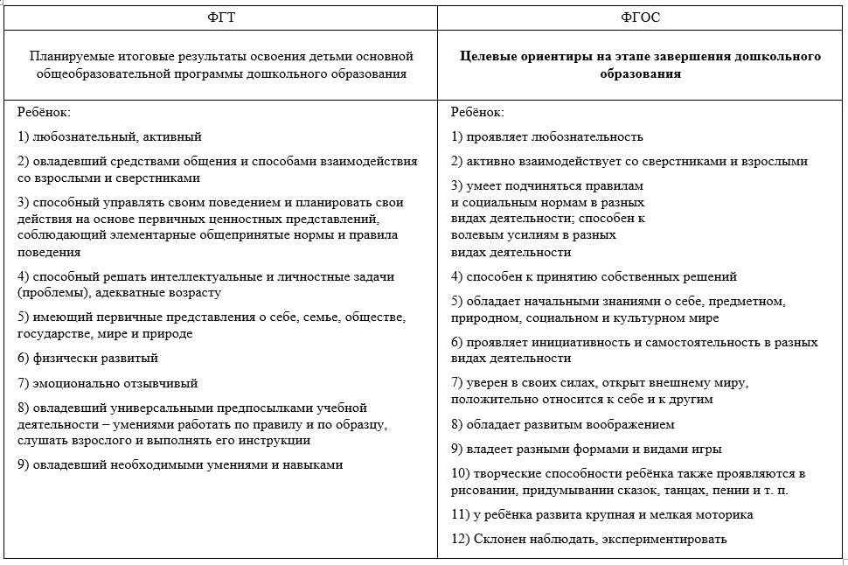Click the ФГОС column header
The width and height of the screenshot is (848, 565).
pos(640,17)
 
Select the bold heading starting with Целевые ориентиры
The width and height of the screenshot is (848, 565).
pos(640,66)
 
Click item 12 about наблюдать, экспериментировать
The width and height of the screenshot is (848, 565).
pos(588,540)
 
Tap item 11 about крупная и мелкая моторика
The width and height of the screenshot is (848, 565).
pos(601,515)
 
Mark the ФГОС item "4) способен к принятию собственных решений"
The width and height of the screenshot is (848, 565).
pos(594,276)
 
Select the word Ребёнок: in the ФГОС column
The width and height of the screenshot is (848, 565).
pos(477,112)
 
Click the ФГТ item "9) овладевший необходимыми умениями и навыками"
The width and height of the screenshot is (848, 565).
pos(180,464)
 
